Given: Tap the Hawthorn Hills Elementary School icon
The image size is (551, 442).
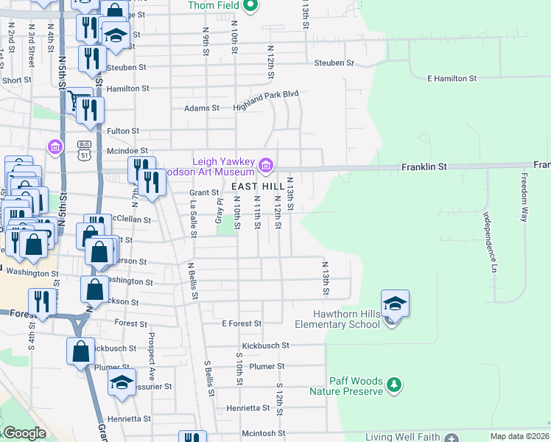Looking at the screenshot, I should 395,304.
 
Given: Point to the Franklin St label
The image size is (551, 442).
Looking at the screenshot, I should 424,167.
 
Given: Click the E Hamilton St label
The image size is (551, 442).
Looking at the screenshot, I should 452,77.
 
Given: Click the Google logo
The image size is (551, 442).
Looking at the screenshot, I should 25,434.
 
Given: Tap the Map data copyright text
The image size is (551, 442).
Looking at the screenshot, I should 519,436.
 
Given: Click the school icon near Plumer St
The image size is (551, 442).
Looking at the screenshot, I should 122,382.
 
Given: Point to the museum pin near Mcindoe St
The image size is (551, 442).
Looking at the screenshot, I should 55,147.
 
